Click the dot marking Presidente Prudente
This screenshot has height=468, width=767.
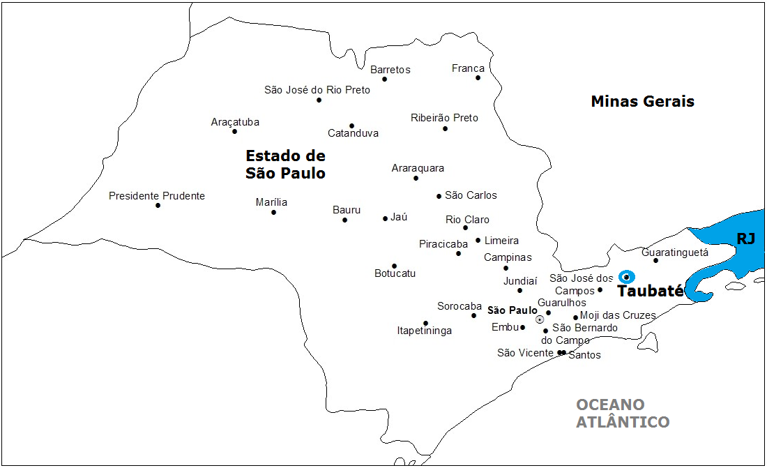(x=158, y=205)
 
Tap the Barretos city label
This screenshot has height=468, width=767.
(x=390, y=70)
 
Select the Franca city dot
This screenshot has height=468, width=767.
(x=478, y=77)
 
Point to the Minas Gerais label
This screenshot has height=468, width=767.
(x=642, y=101)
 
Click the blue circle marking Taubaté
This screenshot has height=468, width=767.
(x=626, y=277)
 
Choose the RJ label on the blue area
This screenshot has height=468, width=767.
(x=746, y=239)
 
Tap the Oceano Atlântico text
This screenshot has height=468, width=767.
(x=622, y=413)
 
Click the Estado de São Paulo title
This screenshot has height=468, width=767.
(x=285, y=164)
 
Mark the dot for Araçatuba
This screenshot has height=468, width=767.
(x=234, y=131)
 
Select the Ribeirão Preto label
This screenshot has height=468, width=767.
(x=444, y=118)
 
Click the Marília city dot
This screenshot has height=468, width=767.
(x=273, y=212)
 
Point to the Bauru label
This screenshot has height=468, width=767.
(x=347, y=209)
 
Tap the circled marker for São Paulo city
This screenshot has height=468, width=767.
(x=540, y=319)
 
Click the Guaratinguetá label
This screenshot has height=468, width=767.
(x=674, y=252)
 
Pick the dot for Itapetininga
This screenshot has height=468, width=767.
(x=425, y=323)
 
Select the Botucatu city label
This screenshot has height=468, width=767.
(x=395, y=273)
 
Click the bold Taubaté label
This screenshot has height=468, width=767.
(x=651, y=292)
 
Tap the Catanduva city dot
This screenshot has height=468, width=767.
(x=351, y=126)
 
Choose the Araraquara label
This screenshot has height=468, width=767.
(x=418, y=168)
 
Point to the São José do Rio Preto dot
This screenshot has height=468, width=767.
(x=319, y=100)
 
